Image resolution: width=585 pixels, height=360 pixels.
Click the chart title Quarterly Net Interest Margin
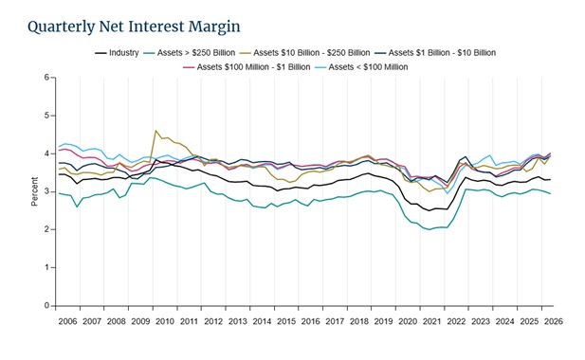click(134, 27)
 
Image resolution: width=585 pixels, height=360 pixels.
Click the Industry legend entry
click(117, 53)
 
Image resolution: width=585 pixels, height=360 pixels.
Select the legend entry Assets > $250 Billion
click(190, 53)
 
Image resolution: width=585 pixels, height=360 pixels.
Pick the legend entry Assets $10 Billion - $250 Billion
click(304, 53)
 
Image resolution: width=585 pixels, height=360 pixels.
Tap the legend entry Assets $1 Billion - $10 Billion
click(435, 53)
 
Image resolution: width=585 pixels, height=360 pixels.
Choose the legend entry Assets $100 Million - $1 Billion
click(247, 67)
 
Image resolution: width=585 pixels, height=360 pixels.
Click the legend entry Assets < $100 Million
click(361, 67)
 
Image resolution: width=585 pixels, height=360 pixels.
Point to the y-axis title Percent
click(35, 191)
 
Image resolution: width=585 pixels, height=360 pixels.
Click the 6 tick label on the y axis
click(46, 77)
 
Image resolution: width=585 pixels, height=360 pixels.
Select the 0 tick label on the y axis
click(46, 306)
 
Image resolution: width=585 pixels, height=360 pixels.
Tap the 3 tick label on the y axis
click(46, 191)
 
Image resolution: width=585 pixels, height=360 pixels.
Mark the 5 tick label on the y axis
click(46, 116)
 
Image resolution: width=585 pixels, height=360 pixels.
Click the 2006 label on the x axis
click(67, 321)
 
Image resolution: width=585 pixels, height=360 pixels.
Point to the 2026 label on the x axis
click(554, 321)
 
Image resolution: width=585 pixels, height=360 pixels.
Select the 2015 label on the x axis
click(286, 321)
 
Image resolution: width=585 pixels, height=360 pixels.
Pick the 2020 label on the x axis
click(408, 321)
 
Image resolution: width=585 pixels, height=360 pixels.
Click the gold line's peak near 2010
click(155, 131)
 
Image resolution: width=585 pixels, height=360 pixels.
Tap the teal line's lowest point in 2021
click(430, 229)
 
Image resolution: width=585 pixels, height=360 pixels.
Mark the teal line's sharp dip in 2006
click(77, 207)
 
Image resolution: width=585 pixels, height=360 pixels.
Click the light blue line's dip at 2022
click(448, 193)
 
